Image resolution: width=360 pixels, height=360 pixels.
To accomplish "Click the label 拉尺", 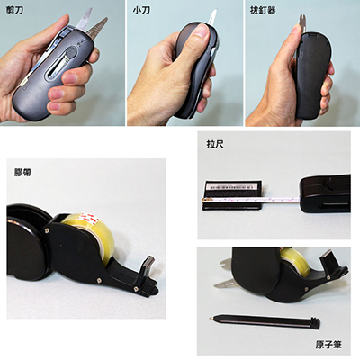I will (x=213, y=143).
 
